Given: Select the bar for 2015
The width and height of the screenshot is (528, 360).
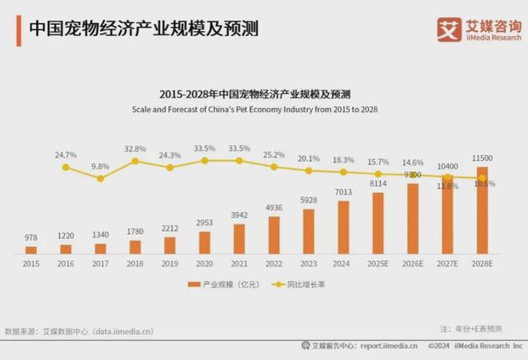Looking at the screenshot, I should [x=31, y=250].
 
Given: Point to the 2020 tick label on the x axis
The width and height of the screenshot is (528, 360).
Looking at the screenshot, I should [x=204, y=262].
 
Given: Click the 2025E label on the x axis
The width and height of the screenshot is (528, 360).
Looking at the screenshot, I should [x=377, y=262].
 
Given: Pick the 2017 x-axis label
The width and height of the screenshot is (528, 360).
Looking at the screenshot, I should [x=100, y=262].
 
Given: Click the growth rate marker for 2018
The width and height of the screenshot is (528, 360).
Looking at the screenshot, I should [x=135, y=161].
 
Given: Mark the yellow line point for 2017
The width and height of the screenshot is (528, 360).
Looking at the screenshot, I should [x=100, y=178].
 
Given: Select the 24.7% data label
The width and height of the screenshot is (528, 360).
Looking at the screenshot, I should [x=66, y=154].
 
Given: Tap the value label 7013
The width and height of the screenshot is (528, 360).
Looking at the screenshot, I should [x=342, y=192].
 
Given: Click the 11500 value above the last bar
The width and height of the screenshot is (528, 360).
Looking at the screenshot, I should [x=482, y=158].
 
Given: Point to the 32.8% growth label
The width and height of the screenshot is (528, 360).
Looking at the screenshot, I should [x=135, y=149].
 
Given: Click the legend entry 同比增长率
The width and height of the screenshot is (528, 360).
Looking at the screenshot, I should [x=305, y=284].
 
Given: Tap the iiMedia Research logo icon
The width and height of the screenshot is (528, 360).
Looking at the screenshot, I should [x=449, y=29].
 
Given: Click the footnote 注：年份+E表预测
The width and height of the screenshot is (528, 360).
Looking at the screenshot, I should [x=472, y=329].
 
